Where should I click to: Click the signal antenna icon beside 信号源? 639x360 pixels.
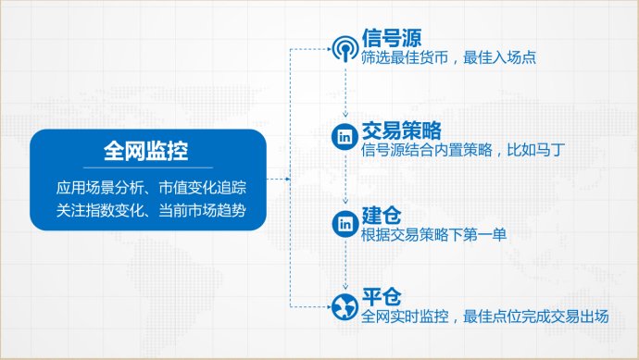point(345,49)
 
